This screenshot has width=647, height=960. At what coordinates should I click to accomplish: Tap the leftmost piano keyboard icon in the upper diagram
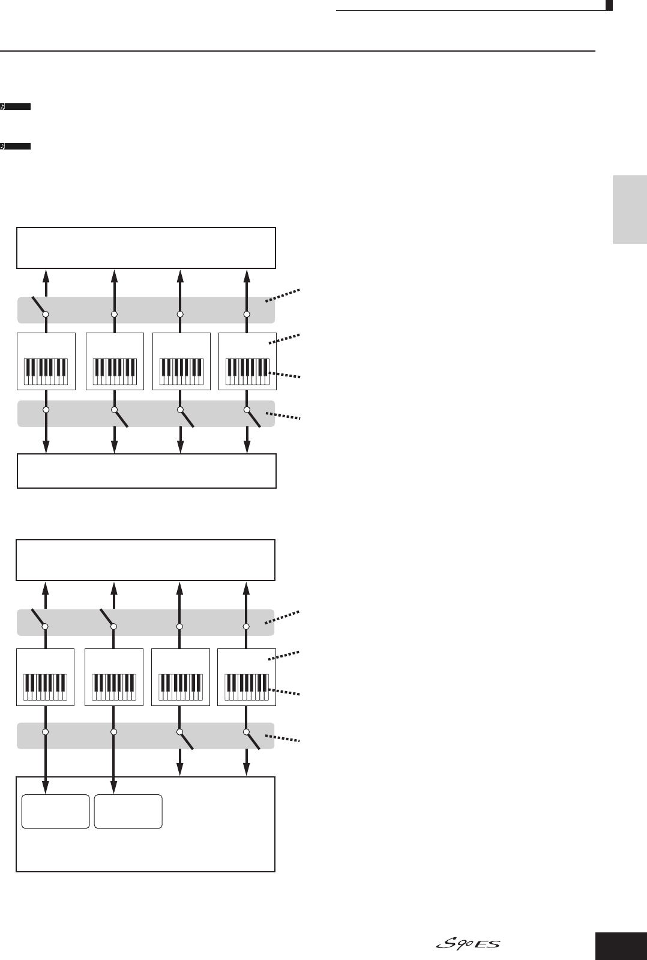[x=46, y=372]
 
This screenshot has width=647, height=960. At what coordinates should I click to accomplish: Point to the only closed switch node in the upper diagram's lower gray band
[x=46, y=409]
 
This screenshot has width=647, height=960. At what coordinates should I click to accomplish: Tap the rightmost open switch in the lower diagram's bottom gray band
[x=252, y=739]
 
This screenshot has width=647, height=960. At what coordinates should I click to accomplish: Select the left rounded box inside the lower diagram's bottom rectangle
[x=55, y=811]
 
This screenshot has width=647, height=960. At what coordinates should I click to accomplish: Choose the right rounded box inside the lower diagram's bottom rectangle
[x=128, y=811]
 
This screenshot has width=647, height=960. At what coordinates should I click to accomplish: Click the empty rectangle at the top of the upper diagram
[x=146, y=247]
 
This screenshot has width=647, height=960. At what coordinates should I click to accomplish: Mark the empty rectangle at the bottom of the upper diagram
[x=146, y=471]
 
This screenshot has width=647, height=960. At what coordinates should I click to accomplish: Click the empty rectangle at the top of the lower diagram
[x=145, y=560]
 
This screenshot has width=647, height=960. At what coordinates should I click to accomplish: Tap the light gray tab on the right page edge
[x=630, y=210]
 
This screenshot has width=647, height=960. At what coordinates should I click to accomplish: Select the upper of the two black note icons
[x=16, y=107]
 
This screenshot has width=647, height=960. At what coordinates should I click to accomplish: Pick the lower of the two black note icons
[x=16, y=146]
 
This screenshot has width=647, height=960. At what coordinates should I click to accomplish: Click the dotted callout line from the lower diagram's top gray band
[x=282, y=618]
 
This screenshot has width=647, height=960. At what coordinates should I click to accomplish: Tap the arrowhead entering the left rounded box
[x=46, y=787]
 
